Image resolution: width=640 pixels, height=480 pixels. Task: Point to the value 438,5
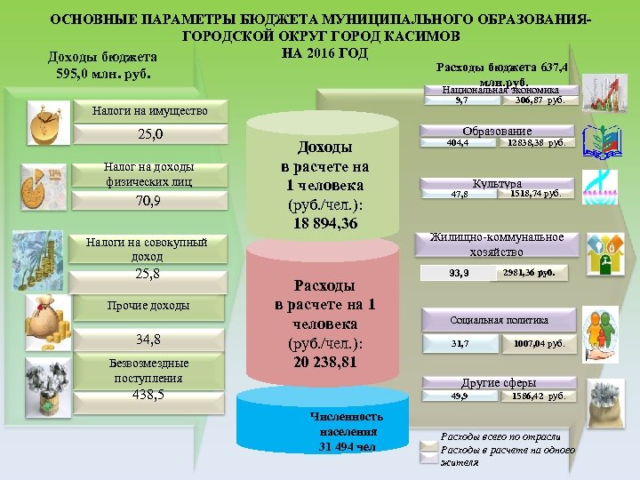pos(148,396)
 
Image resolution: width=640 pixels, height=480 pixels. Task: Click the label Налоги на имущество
pos(149,111)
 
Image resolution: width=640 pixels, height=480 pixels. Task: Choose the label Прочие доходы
pos(148,306)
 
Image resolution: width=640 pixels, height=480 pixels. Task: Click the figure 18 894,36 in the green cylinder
pos(325,224)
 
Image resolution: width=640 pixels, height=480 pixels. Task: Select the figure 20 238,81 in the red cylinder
pos(324,363)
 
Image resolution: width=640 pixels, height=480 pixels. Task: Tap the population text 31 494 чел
pos(347,446)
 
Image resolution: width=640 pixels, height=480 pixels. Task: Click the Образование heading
pos(502,132)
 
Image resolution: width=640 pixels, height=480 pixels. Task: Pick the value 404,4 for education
pos(458,143)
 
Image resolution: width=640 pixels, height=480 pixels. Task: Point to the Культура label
pos(497,182)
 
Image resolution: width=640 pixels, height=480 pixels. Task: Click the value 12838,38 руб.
pos(536,143)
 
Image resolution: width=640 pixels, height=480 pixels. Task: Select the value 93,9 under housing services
pos(460,273)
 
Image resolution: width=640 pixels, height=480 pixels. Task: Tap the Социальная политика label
pos(499,320)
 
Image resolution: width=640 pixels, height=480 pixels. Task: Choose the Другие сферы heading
pos(499,383)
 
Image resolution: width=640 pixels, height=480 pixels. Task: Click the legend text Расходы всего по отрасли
pos(500,436)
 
